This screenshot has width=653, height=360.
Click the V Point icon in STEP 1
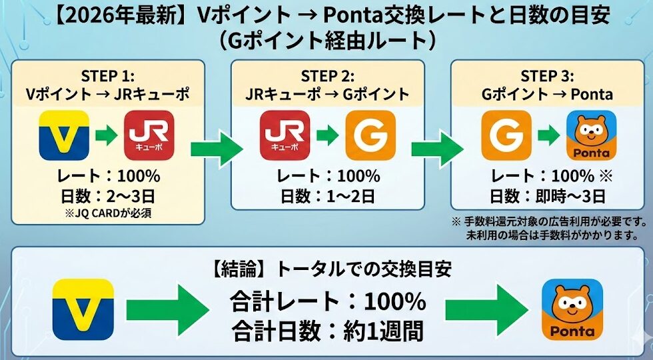[x=64, y=135]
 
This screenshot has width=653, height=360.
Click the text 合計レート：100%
[x=327, y=301]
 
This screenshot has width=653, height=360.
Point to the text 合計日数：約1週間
[x=327, y=329]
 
